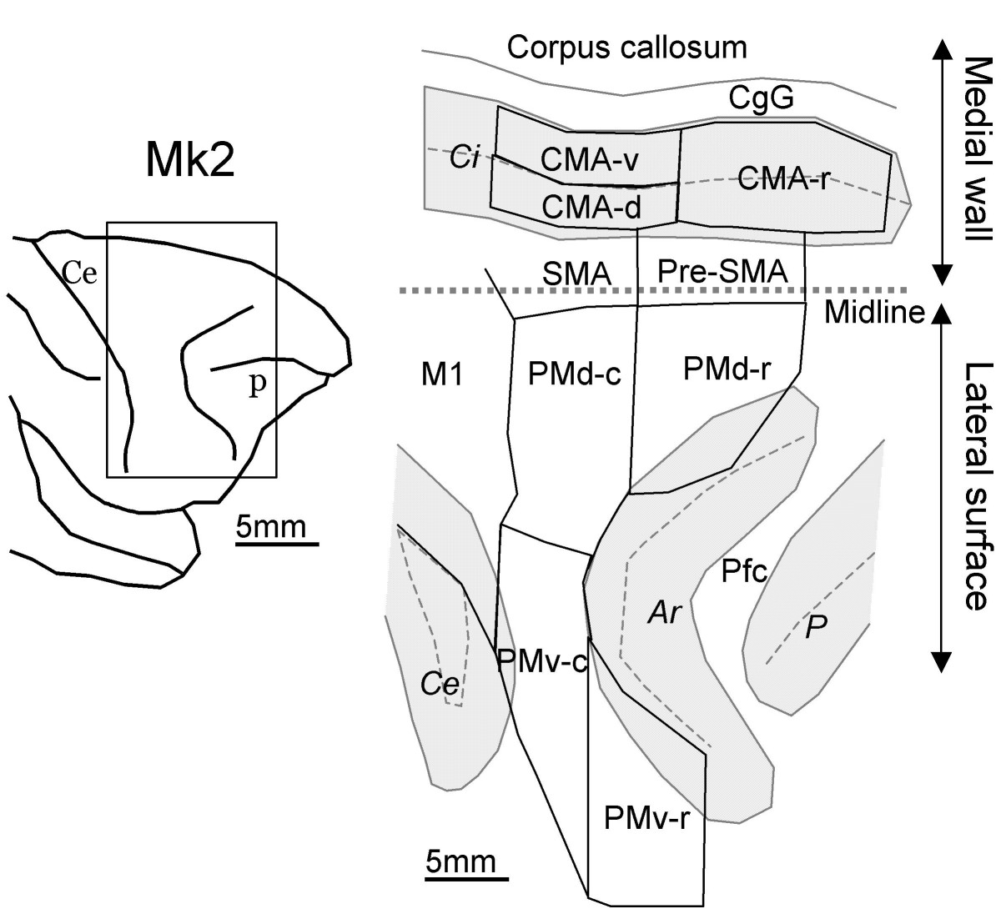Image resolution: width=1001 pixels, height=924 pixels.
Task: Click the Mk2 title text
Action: pyautogui.click(x=190, y=159)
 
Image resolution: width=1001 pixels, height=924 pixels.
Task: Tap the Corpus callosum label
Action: pyautogui.click(x=626, y=48)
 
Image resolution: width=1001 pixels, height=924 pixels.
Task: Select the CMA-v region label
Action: pyautogui.click(x=589, y=159)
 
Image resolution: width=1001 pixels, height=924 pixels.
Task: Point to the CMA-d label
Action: pyautogui.click(x=591, y=207)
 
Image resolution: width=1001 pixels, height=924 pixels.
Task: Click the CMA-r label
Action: pyautogui.click(x=782, y=178)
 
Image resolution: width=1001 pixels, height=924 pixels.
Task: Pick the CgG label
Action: pyautogui.click(x=761, y=98)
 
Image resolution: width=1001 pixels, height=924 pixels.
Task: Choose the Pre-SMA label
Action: pyautogui.click(x=722, y=271)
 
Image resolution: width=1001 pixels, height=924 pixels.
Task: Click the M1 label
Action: pyautogui.click(x=441, y=374)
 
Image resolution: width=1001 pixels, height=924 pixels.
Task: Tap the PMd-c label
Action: pyautogui.click(x=574, y=374)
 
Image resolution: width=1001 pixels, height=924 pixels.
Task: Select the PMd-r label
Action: pyautogui.click(x=727, y=369)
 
